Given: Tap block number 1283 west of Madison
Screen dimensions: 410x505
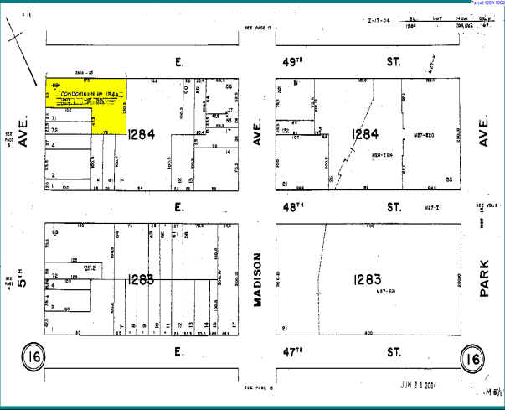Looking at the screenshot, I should (140, 279).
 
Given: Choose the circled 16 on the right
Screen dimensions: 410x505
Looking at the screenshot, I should (474, 358).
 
